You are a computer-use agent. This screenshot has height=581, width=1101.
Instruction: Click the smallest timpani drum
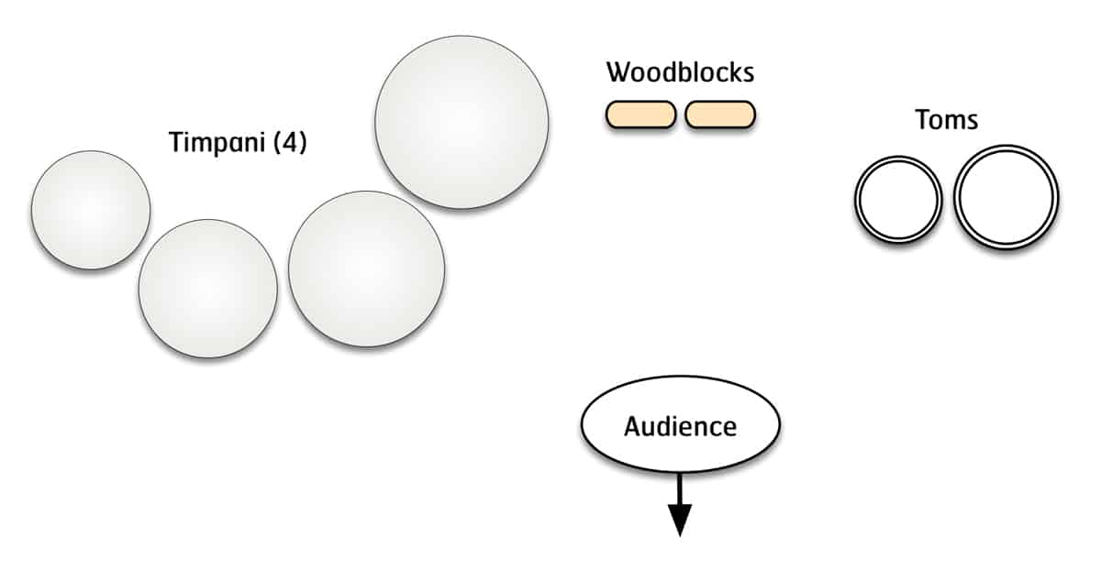pyautogui.click(x=91, y=210)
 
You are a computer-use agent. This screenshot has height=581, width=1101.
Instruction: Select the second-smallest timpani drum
pyautogui.click(x=207, y=288)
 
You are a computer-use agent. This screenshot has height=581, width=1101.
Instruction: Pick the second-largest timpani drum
pyautogui.click(x=366, y=269)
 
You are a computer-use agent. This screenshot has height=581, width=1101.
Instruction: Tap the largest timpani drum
pyautogui.click(x=462, y=122)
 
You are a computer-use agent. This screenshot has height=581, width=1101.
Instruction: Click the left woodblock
pyautogui.click(x=640, y=114)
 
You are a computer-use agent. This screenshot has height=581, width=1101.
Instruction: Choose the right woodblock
pyautogui.click(x=720, y=114)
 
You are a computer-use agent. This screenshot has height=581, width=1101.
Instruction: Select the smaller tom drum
pyautogui.click(x=898, y=201)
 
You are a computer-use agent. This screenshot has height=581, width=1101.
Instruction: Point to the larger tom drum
pyautogui.click(x=1006, y=197)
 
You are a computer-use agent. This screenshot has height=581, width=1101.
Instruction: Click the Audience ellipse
pyautogui.click(x=680, y=426)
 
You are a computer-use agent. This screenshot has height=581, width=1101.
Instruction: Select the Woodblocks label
pyautogui.click(x=680, y=71)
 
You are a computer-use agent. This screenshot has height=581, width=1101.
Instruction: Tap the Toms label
pyautogui.click(x=947, y=119)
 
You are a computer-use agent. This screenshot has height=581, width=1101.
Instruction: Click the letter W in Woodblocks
pyautogui.click(x=617, y=71)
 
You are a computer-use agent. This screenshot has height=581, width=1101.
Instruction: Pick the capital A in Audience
pyautogui.click(x=632, y=426)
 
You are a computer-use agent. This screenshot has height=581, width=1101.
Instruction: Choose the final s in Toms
pyautogui.click(x=973, y=120)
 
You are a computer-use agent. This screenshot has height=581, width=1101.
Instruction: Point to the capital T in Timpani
pyautogui.click(x=176, y=143)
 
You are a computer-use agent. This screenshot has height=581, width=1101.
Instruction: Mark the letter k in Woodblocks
pyautogui.click(x=733, y=71)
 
